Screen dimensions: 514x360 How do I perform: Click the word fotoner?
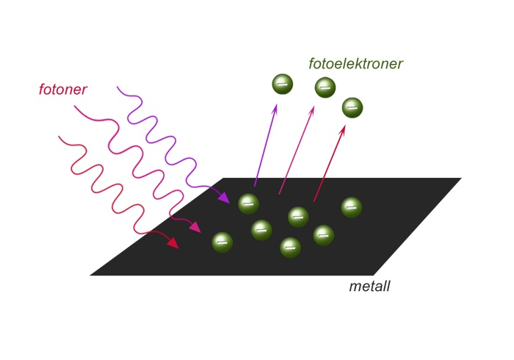click(63, 89)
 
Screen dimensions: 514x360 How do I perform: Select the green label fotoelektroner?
click(355, 64)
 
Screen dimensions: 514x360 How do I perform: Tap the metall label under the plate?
click(369, 287)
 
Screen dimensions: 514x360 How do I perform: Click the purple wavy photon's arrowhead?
click(223, 197)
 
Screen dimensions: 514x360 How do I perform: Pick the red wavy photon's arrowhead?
click(173, 242)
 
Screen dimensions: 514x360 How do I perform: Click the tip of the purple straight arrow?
click(276, 104)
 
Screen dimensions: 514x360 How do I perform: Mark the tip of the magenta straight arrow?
click(314, 107)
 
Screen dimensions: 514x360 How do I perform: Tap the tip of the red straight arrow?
click(344, 126)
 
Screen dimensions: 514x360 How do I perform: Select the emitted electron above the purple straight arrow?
click(282, 84)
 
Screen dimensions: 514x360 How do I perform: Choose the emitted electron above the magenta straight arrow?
click(325, 87)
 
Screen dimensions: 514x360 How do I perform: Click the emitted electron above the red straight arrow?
click(352, 107)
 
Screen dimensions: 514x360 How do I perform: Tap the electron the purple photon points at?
click(248, 204)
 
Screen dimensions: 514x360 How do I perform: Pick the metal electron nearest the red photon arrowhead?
click(222, 242)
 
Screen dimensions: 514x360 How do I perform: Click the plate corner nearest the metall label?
click(374, 275)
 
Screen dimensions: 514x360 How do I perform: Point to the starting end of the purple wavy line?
click(117, 87)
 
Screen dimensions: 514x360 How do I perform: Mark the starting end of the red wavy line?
click(59, 137)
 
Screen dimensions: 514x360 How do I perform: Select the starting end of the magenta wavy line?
click(74, 106)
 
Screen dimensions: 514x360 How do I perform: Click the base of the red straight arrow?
click(314, 201)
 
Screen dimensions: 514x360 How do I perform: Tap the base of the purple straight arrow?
click(254, 186)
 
